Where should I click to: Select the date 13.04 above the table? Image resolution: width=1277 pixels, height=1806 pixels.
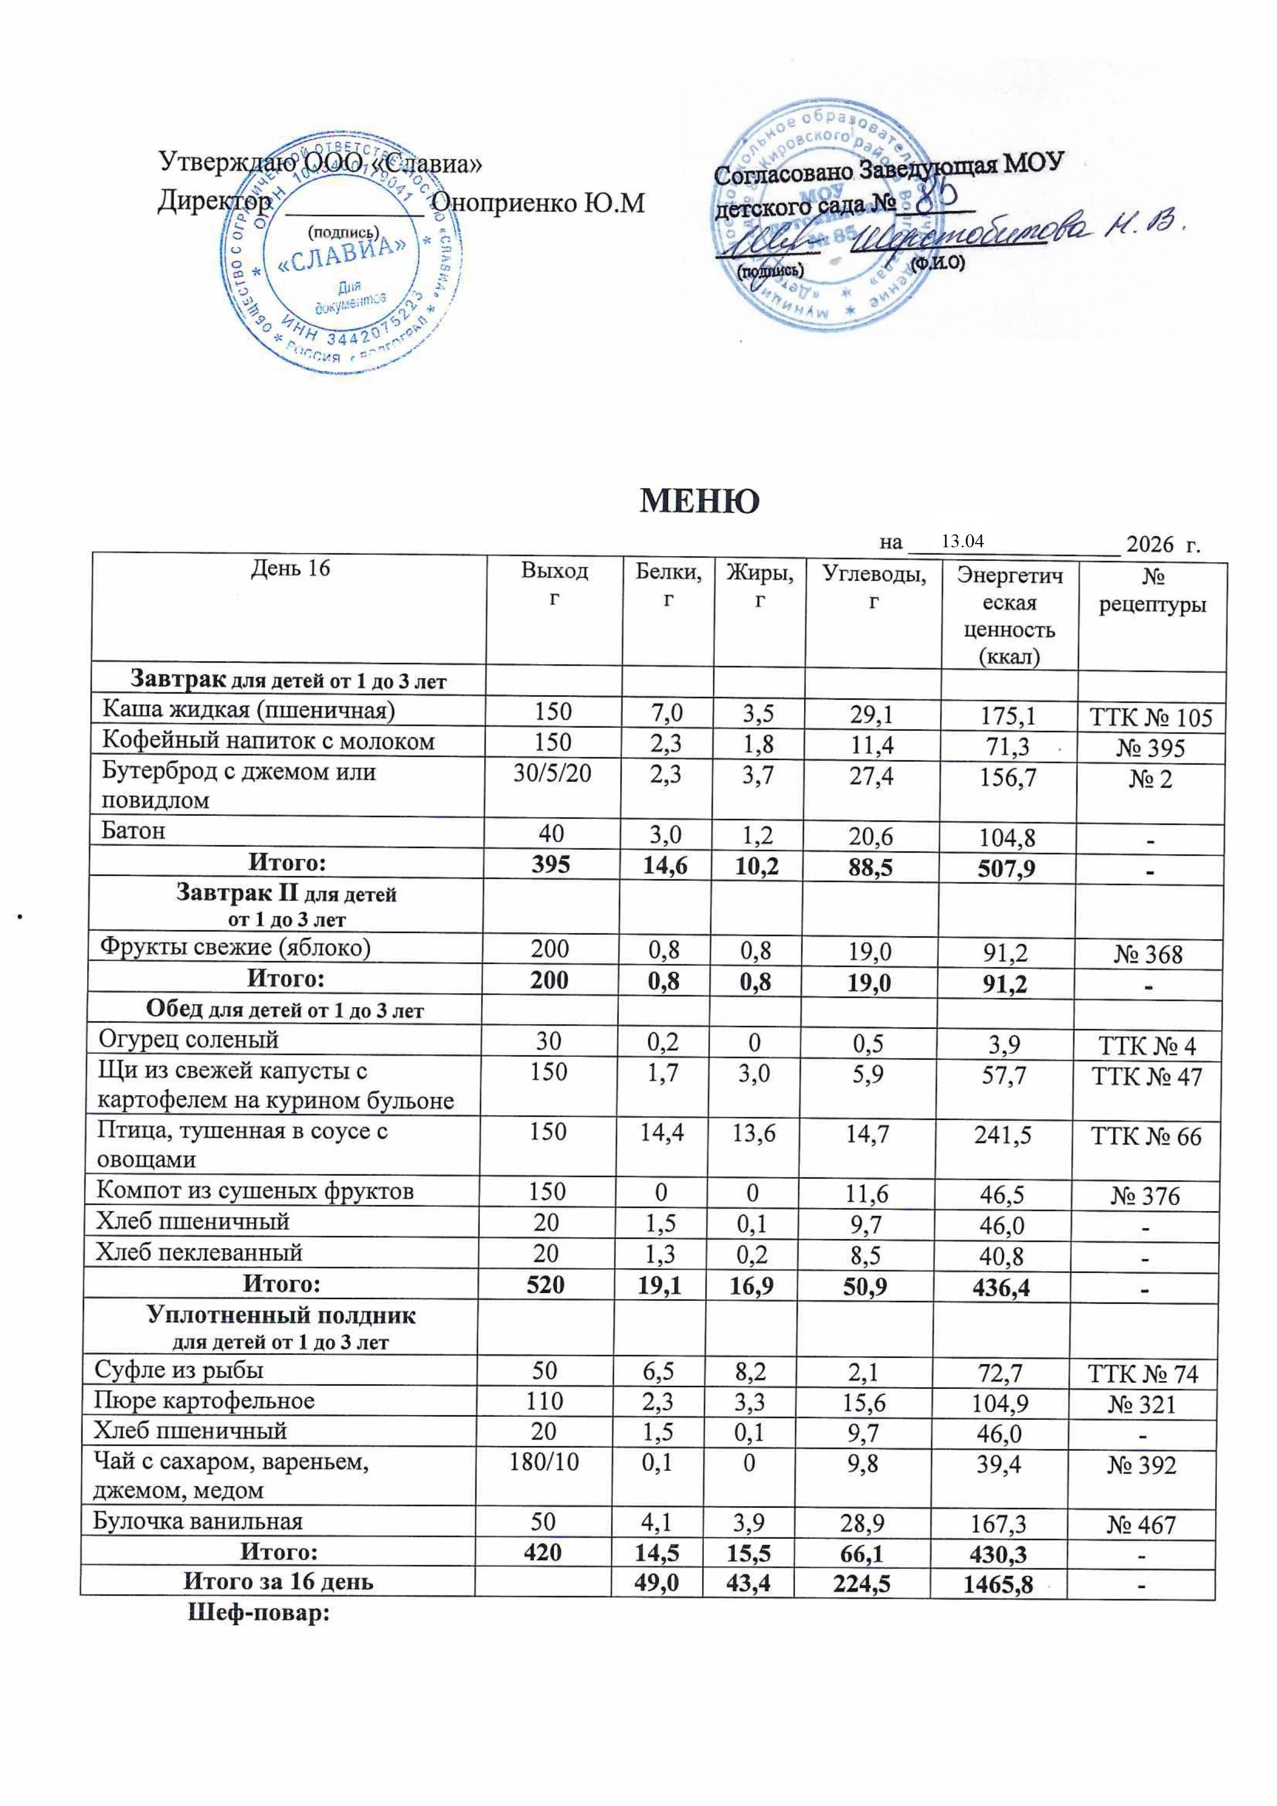point(962,541)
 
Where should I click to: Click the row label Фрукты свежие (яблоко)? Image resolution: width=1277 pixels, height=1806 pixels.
point(234,947)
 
